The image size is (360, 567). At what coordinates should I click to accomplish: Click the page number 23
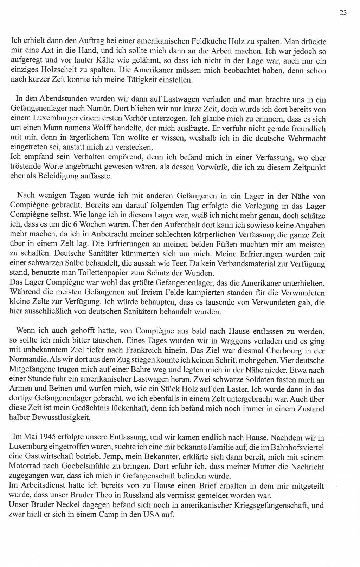pyautogui.click(x=343, y=13)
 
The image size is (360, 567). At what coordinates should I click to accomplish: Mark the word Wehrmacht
pyautogui.click(x=307, y=138)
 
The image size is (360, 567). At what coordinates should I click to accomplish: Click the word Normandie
pyautogui.click(x=28, y=360)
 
